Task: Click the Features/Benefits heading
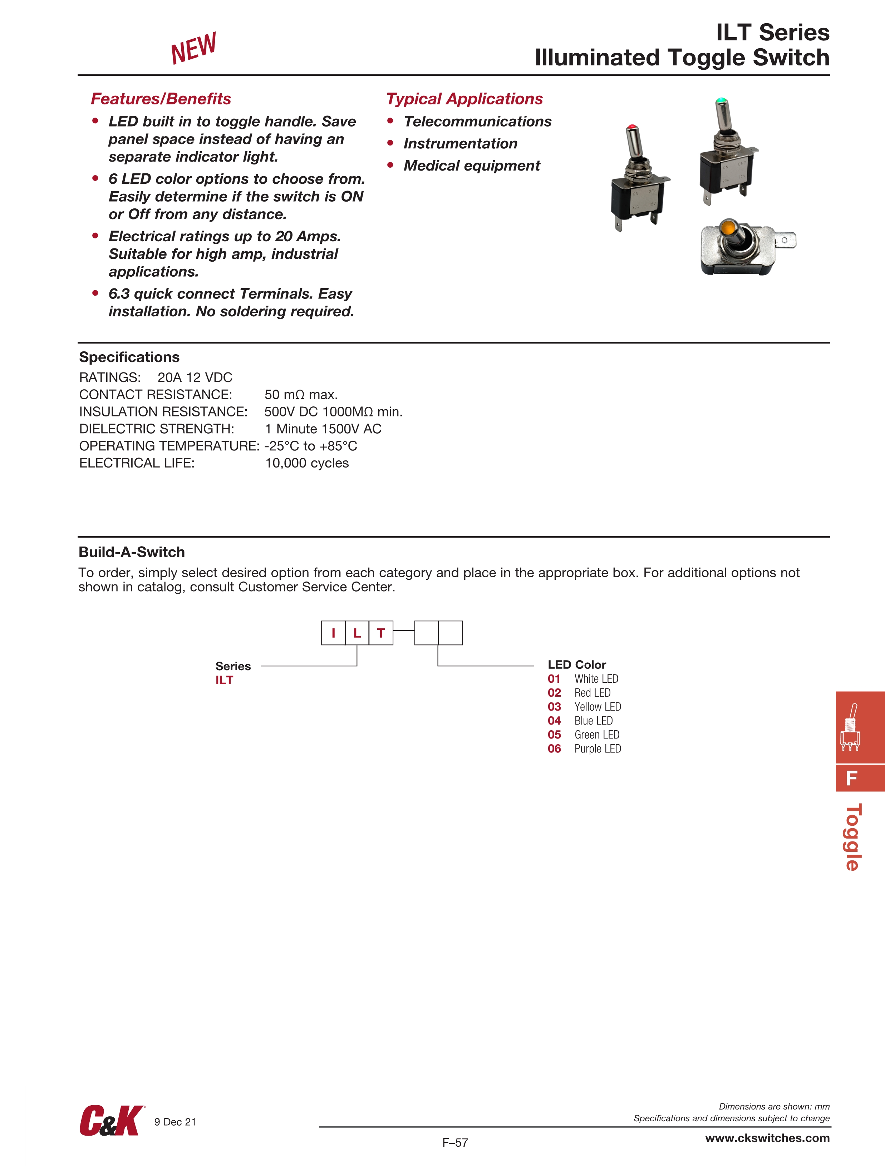(161, 99)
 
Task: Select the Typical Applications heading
(464, 99)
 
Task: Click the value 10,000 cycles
(306, 463)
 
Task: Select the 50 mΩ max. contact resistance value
(301, 395)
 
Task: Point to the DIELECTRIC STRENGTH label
(157, 429)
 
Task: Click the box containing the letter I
(333, 633)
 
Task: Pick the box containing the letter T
(381, 633)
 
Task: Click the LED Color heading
(576, 665)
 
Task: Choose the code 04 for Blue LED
(554, 721)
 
